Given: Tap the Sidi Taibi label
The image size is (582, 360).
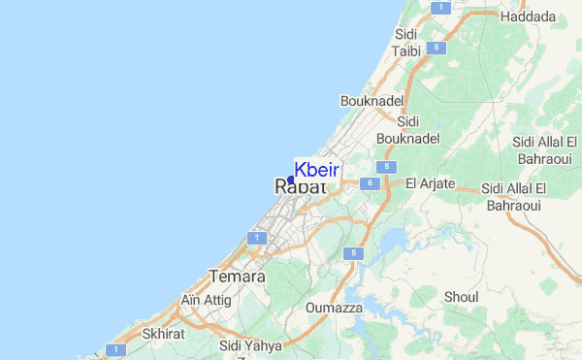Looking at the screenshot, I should [405, 43].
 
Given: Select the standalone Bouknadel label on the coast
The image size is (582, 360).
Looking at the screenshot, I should [371, 100].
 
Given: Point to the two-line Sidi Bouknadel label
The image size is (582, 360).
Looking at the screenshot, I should [408, 129].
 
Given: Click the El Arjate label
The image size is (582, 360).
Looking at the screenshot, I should [429, 182].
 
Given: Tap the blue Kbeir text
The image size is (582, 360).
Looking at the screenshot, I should [316, 170].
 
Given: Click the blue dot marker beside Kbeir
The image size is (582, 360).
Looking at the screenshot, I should [291, 180].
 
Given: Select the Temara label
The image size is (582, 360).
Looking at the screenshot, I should [237, 277].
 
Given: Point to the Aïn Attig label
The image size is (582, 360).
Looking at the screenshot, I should [206, 300].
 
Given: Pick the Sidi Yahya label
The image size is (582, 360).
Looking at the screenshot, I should [250, 345].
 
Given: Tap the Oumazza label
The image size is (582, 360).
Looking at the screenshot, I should [334, 308].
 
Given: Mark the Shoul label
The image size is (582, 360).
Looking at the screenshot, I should [461, 296].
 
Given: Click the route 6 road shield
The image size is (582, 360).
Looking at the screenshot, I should [369, 182].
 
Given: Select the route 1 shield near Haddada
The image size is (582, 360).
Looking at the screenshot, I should [440, 7].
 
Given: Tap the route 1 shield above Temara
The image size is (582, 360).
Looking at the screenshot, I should [257, 237].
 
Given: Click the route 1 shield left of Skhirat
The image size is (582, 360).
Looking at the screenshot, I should [116, 349].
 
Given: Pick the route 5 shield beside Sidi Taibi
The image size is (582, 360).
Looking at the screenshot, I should [438, 48].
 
